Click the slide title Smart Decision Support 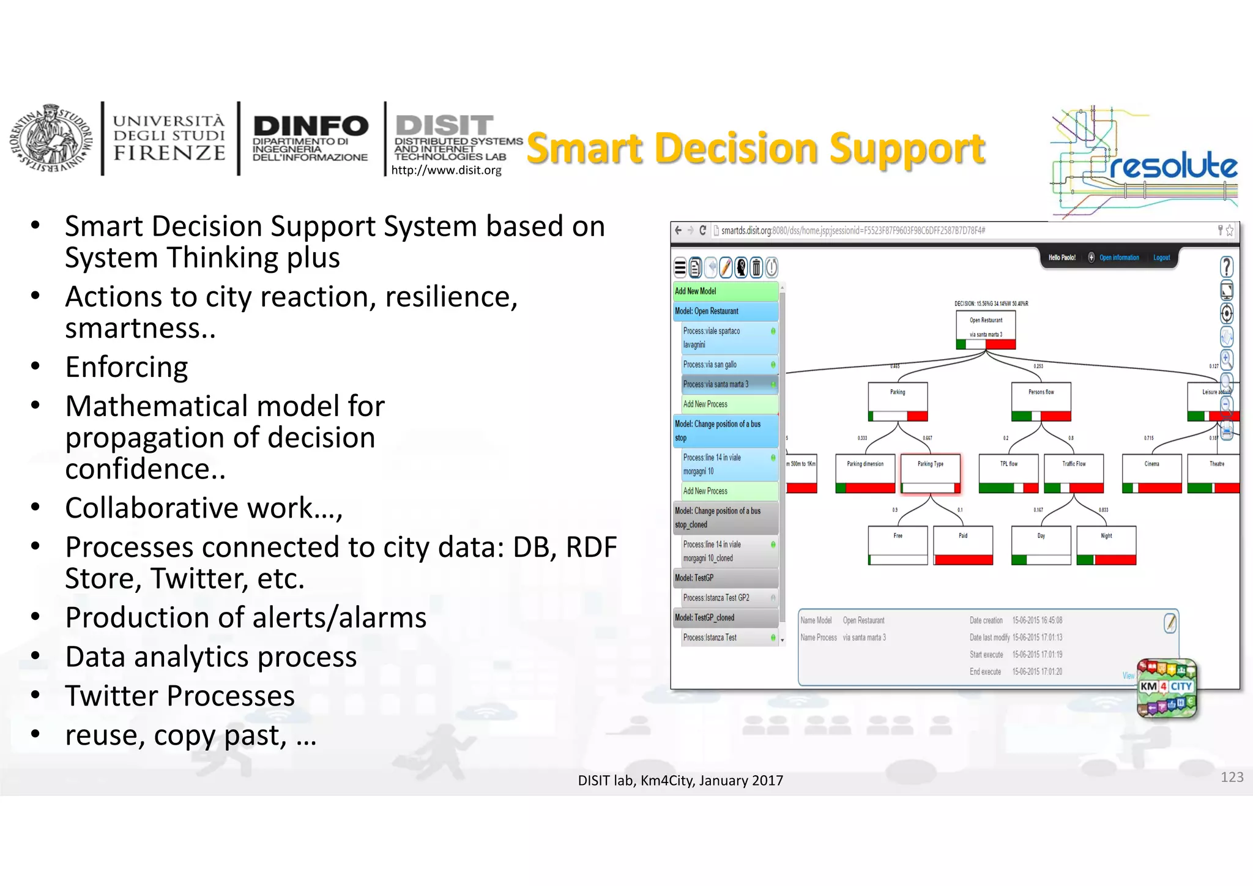coord(756,149)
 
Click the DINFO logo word coord(311,126)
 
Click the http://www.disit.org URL coord(446,170)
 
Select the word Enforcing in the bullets coord(127,367)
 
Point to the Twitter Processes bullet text coord(180,696)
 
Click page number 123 coord(1232,776)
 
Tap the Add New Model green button coord(726,291)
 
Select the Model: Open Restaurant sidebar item coord(726,311)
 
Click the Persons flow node coord(1041,401)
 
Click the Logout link coord(1161,258)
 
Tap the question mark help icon coord(1226,267)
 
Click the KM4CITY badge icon coord(1166,688)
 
